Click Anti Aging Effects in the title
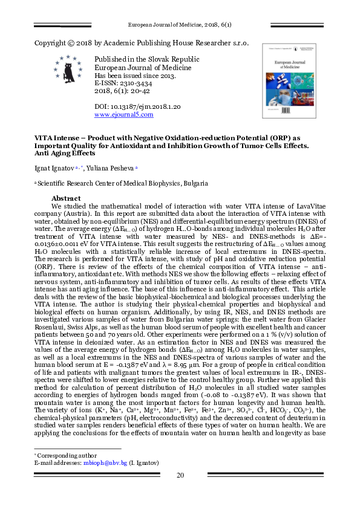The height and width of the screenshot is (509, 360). [x=64, y=153]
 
